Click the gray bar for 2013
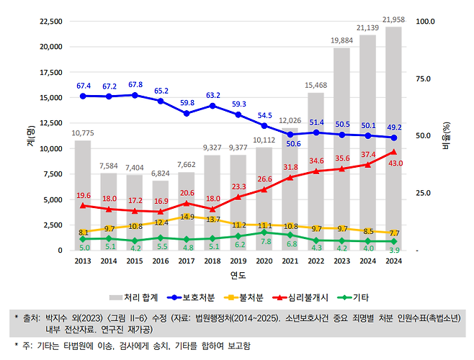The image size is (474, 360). point(83,194)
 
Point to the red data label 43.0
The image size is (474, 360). point(395,163)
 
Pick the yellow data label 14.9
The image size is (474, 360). point(187,217)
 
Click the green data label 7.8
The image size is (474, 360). point(266,242)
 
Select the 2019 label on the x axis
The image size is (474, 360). point(238,261)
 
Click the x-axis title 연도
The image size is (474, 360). point(238,275)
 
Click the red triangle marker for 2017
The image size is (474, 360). point(187,204)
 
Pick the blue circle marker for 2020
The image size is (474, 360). point(265,125)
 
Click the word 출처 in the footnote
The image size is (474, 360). point(32,317)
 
